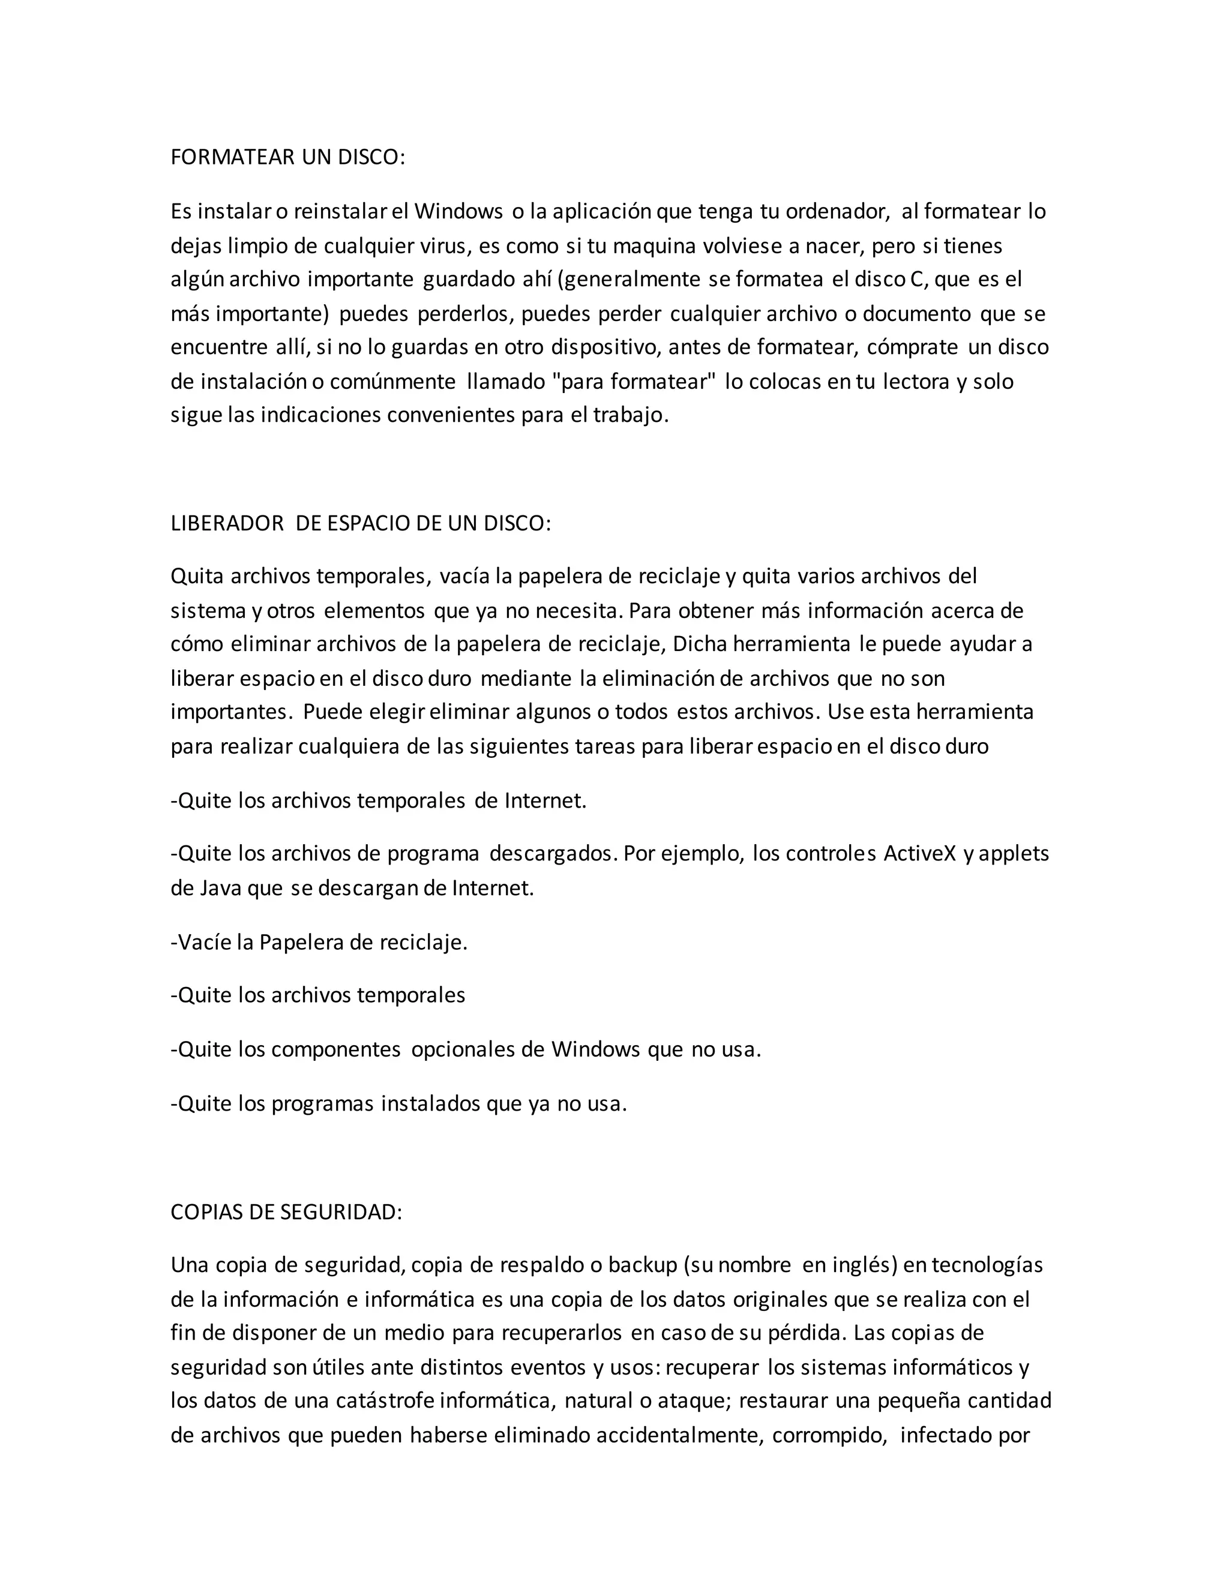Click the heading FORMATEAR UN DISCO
tap(287, 157)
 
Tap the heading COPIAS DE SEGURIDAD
tap(286, 1212)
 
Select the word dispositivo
tap(605, 347)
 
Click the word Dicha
tap(699, 644)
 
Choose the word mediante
tap(526, 679)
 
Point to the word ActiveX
tap(919, 853)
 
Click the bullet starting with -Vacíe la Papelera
tap(319, 942)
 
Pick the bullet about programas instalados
tap(398, 1103)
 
